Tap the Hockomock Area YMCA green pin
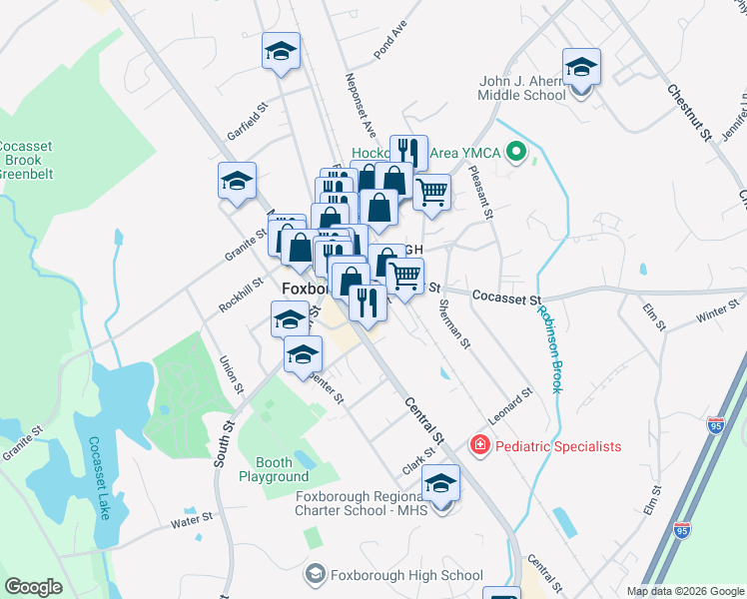coord(515,154)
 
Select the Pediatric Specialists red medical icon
coord(479,445)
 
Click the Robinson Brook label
coord(548,349)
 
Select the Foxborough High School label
coord(406,575)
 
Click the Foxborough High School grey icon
coord(316,574)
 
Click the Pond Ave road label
coord(390,38)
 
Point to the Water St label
coord(193,519)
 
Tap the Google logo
coord(34,587)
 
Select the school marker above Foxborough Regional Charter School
coord(440,486)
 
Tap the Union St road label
coord(231,373)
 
